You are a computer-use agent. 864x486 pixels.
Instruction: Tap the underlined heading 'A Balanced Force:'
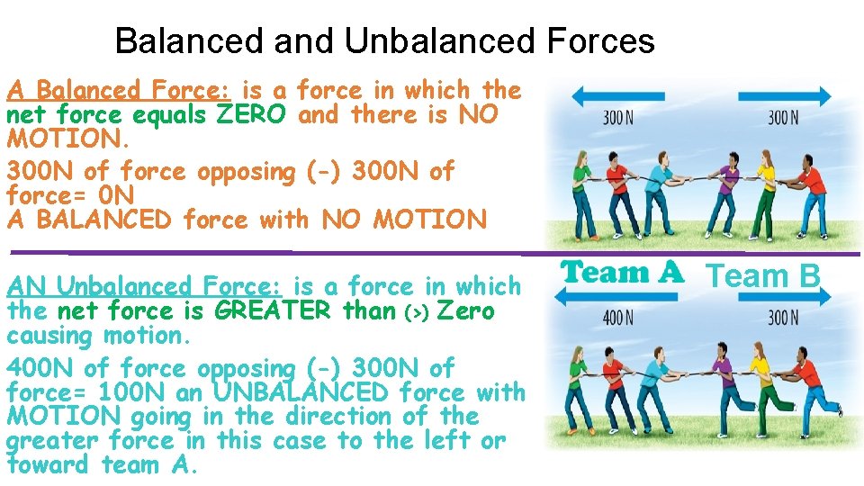pos(120,91)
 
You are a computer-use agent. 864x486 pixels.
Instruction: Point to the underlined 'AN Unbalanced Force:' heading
pos(144,287)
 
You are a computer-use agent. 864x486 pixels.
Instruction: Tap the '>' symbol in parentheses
pos(415,312)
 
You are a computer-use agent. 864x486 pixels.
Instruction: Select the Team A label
pos(623,274)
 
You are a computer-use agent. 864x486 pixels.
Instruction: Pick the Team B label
pos(764,275)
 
